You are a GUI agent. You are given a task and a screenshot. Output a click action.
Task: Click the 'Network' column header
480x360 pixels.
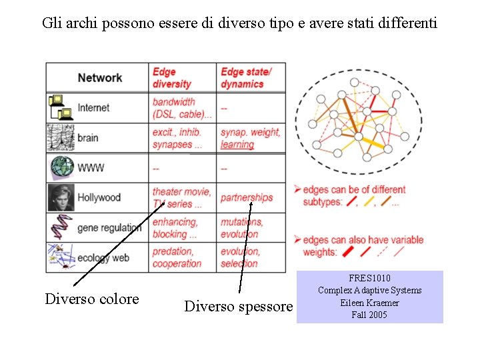(99, 77)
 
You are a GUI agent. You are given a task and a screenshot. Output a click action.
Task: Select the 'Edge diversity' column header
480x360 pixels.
(172, 77)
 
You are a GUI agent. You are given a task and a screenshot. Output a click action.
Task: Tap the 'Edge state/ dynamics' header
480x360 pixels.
(246, 77)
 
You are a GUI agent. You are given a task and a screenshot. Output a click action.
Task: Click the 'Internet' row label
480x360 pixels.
(93, 107)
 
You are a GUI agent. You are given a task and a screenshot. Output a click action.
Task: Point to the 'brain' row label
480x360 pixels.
(88, 138)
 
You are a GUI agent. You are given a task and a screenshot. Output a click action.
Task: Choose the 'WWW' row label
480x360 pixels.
(91, 168)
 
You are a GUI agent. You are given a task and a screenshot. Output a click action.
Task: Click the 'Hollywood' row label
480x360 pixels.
(99, 197)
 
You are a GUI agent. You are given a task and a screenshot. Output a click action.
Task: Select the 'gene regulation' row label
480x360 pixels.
(109, 227)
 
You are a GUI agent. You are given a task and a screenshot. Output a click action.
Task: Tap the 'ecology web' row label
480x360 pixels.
(103, 257)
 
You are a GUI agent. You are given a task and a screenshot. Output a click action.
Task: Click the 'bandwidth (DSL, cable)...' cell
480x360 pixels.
(181, 107)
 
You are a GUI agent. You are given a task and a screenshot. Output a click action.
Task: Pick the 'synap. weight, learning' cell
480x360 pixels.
(250, 138)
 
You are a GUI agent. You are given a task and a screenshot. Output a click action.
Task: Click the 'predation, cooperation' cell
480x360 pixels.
(177, 257)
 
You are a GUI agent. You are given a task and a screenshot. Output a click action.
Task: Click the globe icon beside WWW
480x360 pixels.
(60, 167)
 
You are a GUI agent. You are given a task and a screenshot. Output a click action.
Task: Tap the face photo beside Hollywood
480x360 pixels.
(60, 197)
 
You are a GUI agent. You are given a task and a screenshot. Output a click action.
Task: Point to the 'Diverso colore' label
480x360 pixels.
(92, 299)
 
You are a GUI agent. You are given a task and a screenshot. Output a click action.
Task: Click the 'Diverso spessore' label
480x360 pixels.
(238, 306)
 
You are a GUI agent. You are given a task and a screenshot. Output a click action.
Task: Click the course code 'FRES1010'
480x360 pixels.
(369, 277)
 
